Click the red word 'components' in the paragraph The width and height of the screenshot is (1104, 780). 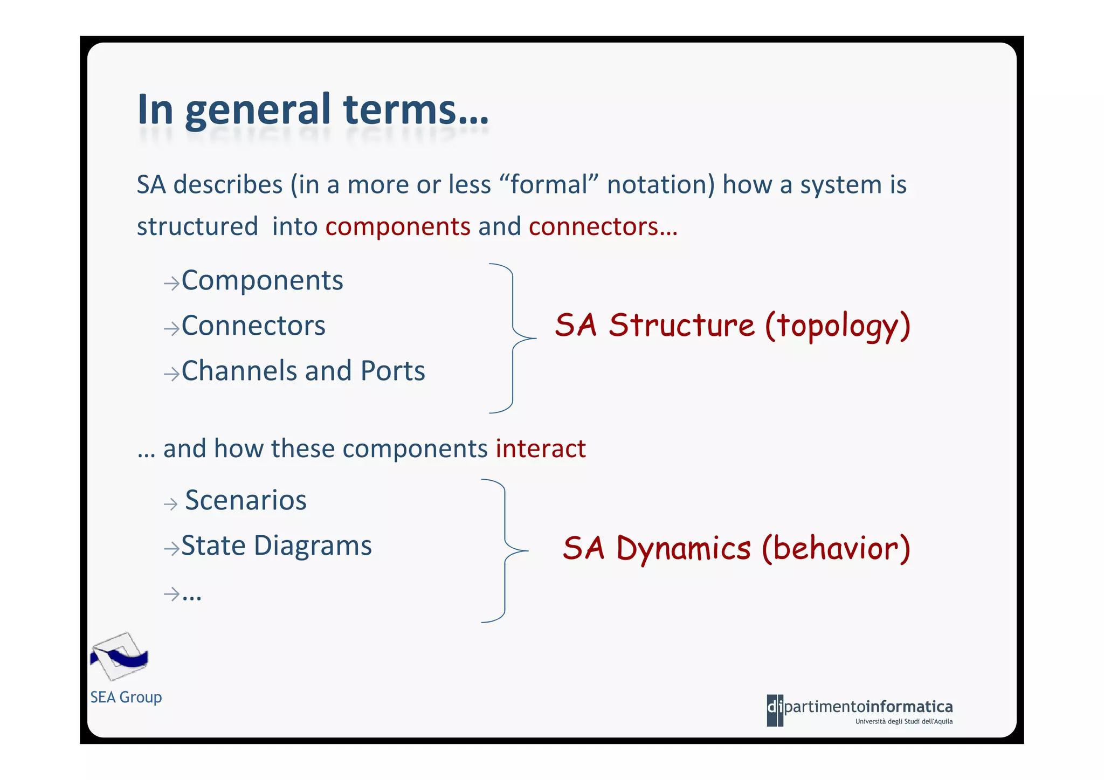click(398, 226)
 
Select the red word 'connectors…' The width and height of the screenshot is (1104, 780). click(603, 226)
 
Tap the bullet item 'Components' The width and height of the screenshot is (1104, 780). click(262, 281)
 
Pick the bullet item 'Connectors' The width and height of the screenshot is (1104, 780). click(253, 326)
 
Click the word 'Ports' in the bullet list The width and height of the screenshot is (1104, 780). click(393, 371)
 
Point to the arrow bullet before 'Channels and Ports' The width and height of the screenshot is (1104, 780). click(171, 374)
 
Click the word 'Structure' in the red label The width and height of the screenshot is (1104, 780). click(681, 326)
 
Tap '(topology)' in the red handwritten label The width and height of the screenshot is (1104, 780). click(838, 327)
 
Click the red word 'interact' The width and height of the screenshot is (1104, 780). click(541, 448)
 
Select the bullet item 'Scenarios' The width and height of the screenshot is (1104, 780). click(246, 501)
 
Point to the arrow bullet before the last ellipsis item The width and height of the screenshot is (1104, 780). click(171, 594)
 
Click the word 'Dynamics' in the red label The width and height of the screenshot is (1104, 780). click(683, 549)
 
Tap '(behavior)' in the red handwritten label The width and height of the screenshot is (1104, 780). click(836, 549)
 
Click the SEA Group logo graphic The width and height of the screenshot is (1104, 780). click(119, 657)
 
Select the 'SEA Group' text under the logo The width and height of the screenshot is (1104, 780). click(126, 698)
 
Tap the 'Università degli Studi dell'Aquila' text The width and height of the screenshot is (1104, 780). click(903, 722)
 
